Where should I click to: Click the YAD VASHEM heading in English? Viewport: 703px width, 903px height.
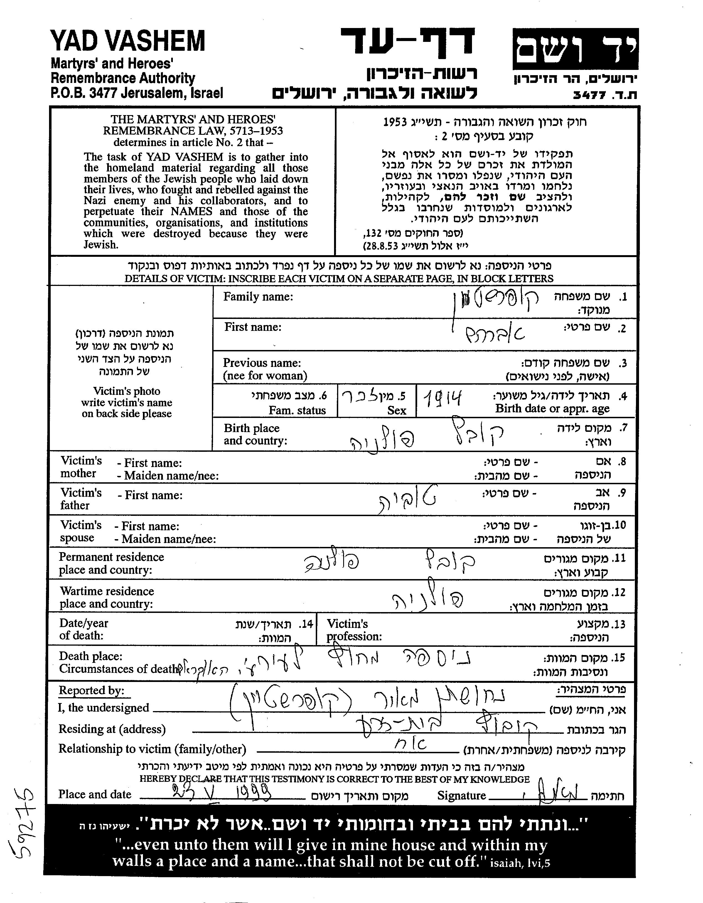[x=128, y=41]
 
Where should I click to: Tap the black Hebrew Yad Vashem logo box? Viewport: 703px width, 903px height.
[x=575, y=49]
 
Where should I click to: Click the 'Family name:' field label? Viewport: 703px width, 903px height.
[x=258, y=297]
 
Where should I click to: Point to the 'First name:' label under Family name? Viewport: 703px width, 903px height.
[x=253, y=327]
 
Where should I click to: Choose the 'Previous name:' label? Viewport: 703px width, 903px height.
[x=262, y=363]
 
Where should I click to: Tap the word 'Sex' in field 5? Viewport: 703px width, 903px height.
[x=397, y=410]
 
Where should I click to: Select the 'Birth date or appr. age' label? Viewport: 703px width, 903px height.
[x=552, y=409]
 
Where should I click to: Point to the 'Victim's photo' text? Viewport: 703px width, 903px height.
[x=126, y=391]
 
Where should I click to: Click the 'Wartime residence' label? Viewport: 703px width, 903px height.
[x=107, y=591]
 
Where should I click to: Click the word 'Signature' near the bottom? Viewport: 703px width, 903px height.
[x=461, y=795]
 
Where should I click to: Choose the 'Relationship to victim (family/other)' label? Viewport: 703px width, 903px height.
[x=152, y=749]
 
